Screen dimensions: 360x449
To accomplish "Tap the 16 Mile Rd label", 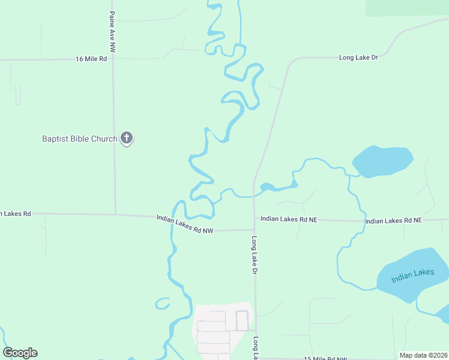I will pyautogui.click(x=91, y=59).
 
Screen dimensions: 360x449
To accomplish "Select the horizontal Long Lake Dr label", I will pyautogui.click(x=358, y=58).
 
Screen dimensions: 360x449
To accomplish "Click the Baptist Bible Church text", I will pyautogui.click(x=79, y=139).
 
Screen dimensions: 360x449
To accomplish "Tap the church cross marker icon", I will pyautogui.click(x=126, y=138).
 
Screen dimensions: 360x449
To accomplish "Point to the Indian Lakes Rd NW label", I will pyautogui.click(x=185, y=223).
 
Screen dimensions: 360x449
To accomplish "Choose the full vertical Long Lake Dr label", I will pyautogui.click(x=255, y=256).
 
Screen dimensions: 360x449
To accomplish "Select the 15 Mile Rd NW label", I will pyautogui.click(x=325, y=358).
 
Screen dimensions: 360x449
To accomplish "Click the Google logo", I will pyautogui.click(x=20, y=353).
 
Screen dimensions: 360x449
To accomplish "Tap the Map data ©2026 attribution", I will pyautogui.click(x=423, y=355).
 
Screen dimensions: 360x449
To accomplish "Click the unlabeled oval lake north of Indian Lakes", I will pyautogui.click(x=382, y=161).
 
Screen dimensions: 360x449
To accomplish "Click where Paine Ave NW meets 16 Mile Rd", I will pyautogui.click(x=113, y=59).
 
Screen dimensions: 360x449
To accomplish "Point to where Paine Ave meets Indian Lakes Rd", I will pyautogui.click(x=115, y=214).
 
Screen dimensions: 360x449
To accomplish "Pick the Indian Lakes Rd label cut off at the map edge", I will pyautogui.click(x=15, y=213).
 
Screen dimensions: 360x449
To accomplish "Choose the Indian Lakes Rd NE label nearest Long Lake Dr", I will pyautogui.click(x=288, y=220).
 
